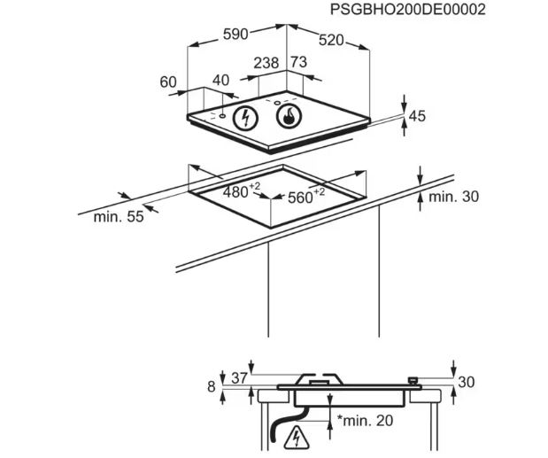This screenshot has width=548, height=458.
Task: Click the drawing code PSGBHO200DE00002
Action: [x=408, y=10]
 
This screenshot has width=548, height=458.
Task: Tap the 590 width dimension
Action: [x=235, y=35]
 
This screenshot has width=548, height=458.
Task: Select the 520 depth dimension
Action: [x=331, y=40]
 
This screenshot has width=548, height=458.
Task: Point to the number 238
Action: [x=266, y=63]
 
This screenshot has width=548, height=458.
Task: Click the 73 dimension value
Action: [x=299, y=62]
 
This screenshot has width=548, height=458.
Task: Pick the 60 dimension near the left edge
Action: [x=168, y=82]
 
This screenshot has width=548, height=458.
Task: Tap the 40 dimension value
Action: [x=220, y=80]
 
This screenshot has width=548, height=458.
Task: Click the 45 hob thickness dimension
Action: [x=417, y=116]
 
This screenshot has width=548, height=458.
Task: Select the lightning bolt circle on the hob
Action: [x=246, y=117]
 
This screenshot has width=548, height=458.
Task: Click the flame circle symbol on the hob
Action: [x=289, y=116]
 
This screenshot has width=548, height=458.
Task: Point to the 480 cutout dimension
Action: [x=242, y=190]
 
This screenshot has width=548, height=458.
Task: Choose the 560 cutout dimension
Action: [x=306, y=196]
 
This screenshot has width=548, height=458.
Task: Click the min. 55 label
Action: [x=119, y=217]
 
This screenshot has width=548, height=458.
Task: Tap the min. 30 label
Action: [x=453, y=197]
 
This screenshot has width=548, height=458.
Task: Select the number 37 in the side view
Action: [x=239, y=378]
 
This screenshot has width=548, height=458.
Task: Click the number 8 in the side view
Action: [x=212, y=386]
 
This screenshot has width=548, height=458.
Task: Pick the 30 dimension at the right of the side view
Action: [x=467, y=382]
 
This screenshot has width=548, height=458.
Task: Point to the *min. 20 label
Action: [x=365, y=420]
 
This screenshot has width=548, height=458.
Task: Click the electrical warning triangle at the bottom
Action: [x=297, y=438]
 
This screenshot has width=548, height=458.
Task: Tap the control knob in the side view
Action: [x=413, y=381]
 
